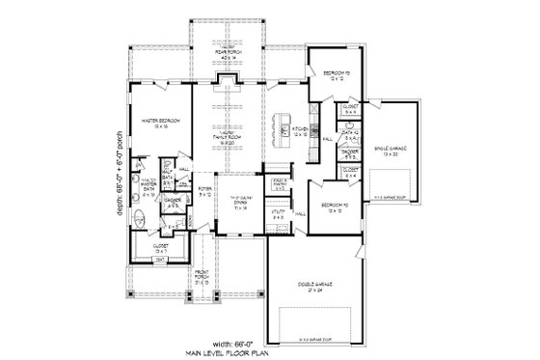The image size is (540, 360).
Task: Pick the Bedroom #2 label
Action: (333, 208)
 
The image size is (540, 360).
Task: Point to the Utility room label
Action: (278, 217)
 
